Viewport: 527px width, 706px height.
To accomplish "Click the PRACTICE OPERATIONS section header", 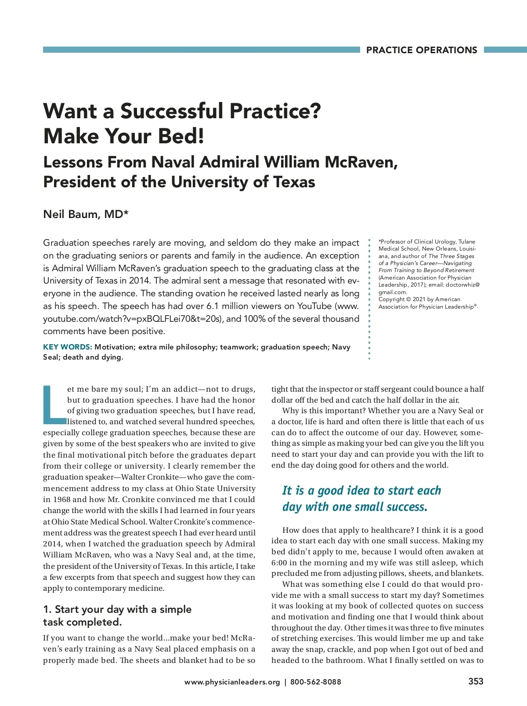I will point(421,50).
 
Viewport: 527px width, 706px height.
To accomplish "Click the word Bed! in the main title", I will point(181,136).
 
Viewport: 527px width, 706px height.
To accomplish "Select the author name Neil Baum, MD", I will point(86,214).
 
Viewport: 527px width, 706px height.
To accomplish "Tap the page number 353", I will point(476,681).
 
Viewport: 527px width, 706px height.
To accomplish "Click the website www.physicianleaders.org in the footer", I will point(232,682).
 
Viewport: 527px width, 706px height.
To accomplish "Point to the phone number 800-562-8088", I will point(315,682).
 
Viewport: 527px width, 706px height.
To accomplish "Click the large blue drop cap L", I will point(54,404).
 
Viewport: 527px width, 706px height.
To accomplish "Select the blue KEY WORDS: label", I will point(67,347).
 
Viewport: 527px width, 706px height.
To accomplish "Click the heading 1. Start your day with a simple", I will point(117,609).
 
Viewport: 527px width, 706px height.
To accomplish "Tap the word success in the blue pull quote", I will point(404,507).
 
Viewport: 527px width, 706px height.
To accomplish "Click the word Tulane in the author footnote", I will point(467,241).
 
